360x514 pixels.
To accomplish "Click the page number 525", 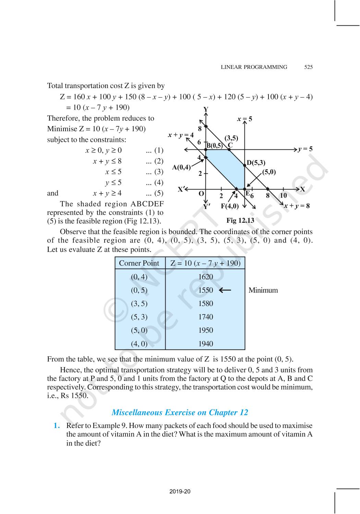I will tap(308, 67).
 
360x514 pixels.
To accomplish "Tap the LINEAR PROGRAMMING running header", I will tap(254, 67).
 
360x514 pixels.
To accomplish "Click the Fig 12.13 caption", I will tap(240, 220).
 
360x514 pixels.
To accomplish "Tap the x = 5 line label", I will tap(244, 119).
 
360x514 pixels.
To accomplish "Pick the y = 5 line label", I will tap(305, 149).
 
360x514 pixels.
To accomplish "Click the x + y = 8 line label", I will tap(297, 206).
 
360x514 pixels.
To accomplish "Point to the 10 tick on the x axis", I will tap(283, 196).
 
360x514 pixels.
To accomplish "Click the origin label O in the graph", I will tap(201, 194).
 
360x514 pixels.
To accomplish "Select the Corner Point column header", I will tap(139, 263).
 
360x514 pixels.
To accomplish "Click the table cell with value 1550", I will tap(205, 290).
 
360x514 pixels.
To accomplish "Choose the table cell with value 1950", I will tap(205, 330).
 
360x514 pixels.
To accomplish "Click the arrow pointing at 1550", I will tap(225, 290).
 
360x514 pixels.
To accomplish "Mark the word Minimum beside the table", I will tap(263, 290).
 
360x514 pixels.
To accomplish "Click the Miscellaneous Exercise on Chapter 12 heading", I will tap(180, 412).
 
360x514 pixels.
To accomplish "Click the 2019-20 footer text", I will tap(180, 491).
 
